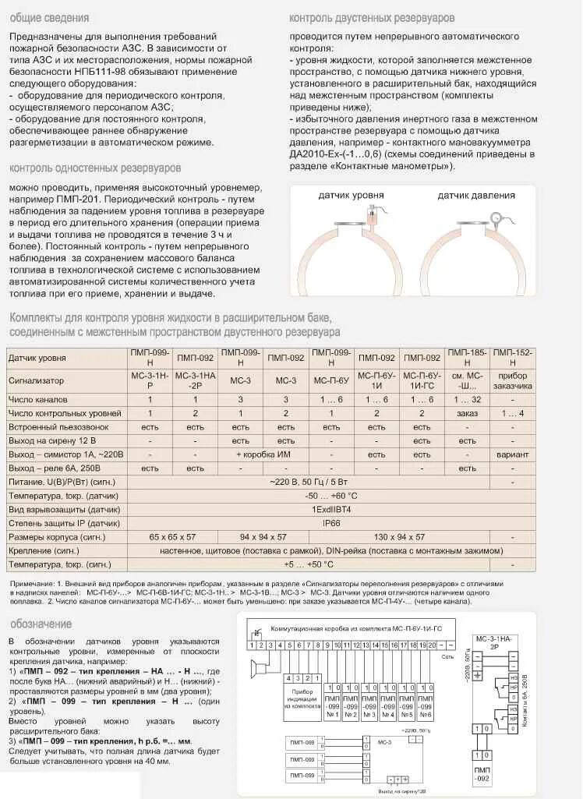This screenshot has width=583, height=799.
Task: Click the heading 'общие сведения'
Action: pyautogui.click(x=49, y=17)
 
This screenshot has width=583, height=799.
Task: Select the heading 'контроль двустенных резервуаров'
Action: pyautogui.click(x=372, y=17)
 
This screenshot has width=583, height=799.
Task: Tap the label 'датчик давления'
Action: pyautogui.click(x=475, y=196)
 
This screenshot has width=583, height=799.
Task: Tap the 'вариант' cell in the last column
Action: pyautogui.click(x=512, y=454)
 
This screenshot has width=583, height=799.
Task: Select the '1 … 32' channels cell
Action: pyautogui.click(x=467, y=399)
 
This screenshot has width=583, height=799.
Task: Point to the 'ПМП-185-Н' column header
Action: pyautogui.click(x=467, y=358)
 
